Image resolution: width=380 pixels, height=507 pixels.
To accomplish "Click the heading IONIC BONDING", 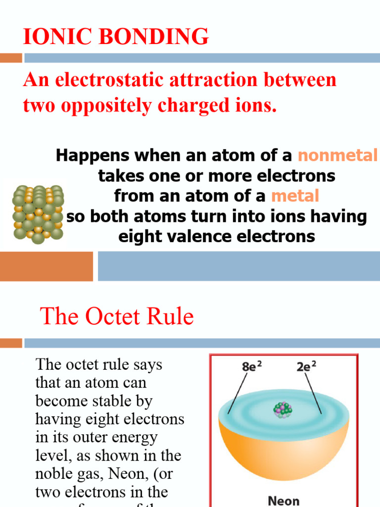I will [116, 37].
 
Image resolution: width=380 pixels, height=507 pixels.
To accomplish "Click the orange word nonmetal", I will [337, 155].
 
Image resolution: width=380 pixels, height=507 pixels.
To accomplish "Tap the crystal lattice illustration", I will [38, 214].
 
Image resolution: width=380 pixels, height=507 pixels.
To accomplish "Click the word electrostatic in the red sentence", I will [112, 81].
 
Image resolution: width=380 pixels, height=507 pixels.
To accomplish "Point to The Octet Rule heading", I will [117, 316].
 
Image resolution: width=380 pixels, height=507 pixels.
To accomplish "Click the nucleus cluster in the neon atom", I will [283, 410].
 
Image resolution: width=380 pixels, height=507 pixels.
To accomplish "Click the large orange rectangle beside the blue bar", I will [46, 266].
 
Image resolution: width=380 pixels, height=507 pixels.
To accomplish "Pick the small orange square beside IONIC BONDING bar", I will [10, 58].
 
